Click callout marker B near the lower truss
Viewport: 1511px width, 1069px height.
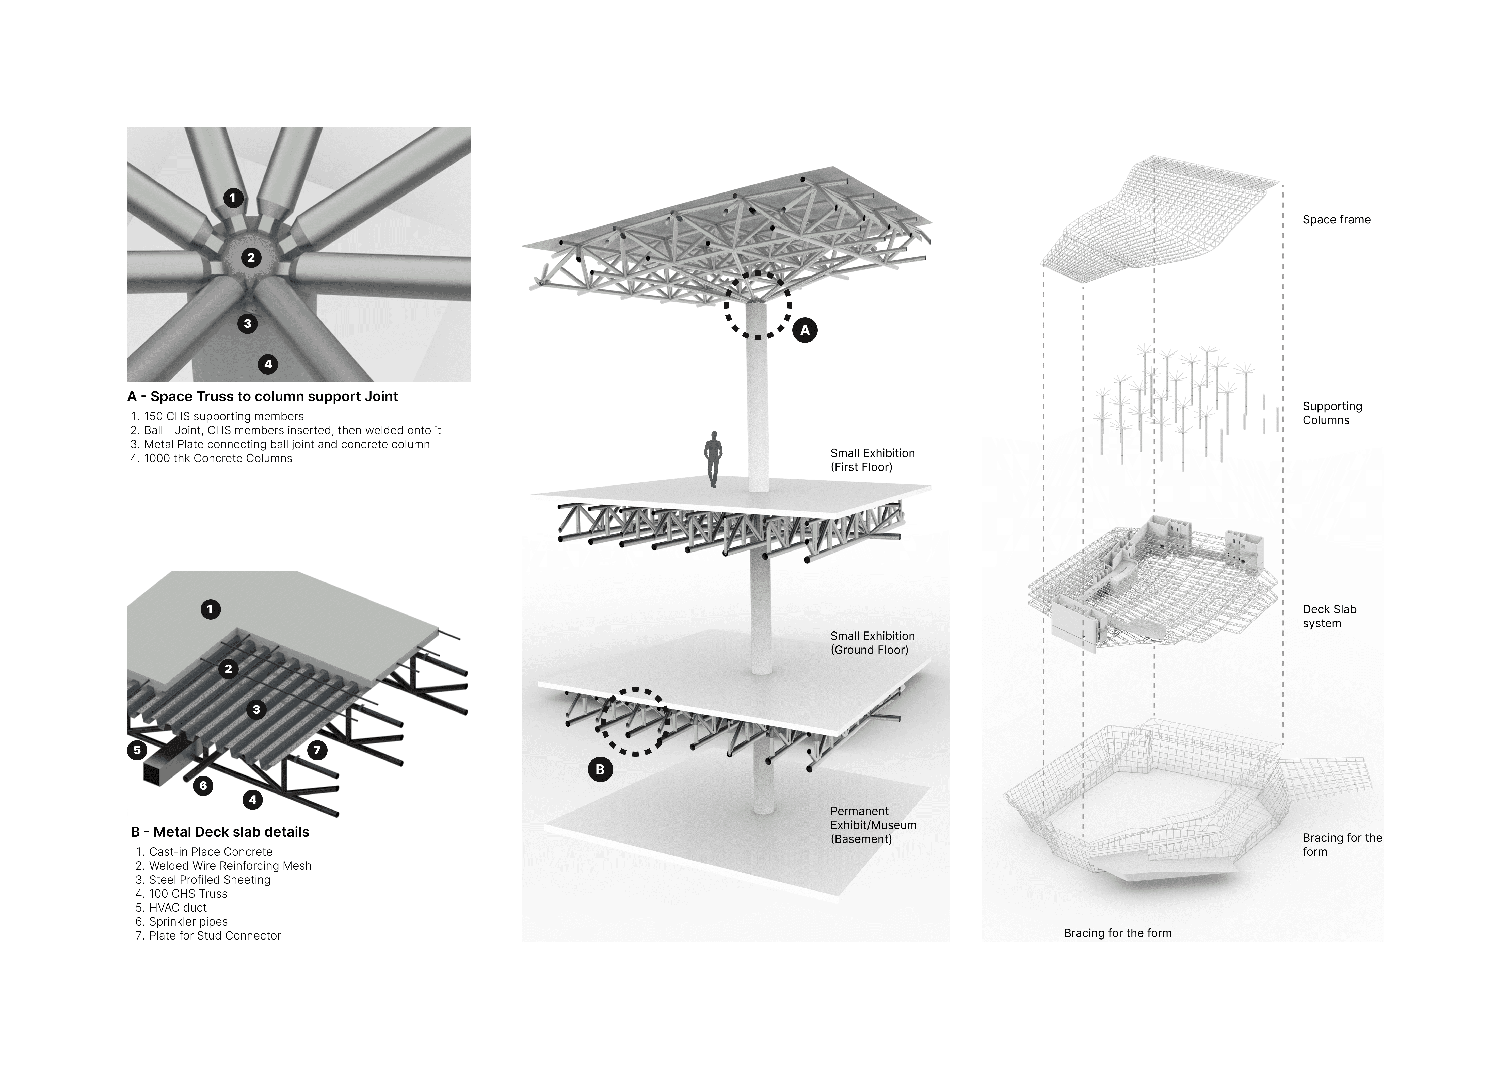click(600, 769)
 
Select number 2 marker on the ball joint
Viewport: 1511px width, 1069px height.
click(251, 257)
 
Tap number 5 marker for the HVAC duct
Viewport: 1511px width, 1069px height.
click(137, 750)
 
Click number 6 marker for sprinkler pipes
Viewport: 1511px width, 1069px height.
click(203, 785)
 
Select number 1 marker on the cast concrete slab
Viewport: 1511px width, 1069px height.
click(210, 609)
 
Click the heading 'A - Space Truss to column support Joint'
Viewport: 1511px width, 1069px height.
click(263, 396)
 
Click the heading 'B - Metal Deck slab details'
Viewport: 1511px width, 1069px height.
click(220, 832)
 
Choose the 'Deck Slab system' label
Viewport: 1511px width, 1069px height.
click(1329, 616)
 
